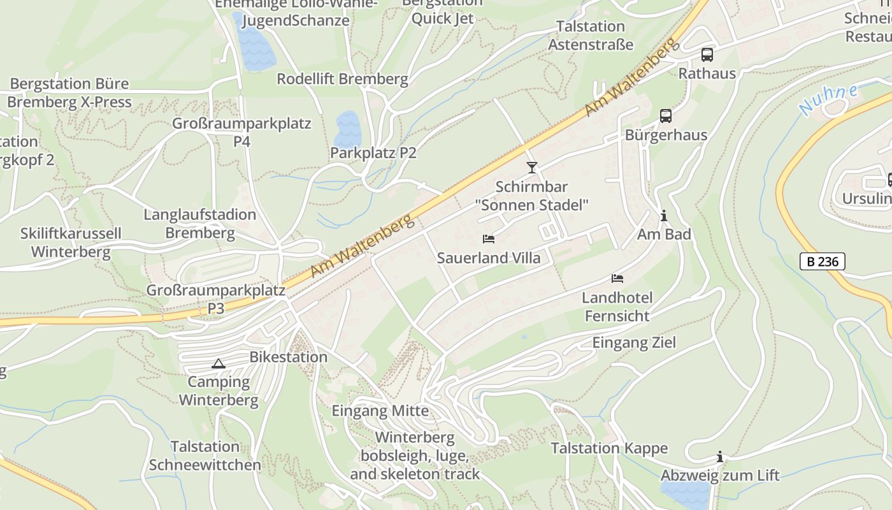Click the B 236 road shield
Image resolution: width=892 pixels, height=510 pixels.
(x=822, y=261)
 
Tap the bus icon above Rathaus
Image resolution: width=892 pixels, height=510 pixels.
(x=707, y=55)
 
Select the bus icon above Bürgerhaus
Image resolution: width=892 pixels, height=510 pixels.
(x=666, y=116)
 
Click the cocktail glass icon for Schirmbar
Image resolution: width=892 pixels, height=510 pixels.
(x=532, y=168)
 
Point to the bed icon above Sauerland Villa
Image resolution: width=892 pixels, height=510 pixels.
(x=489, y=239)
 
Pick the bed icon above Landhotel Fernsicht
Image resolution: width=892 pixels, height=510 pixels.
(x=617, y=279)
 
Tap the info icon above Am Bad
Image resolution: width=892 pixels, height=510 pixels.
(x=664, y=216)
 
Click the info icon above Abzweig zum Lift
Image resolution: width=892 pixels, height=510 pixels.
(x=720, y=456)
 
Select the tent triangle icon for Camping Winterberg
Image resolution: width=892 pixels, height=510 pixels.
(x=219, y=364)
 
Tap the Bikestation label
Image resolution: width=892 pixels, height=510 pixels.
(x=289, y=357)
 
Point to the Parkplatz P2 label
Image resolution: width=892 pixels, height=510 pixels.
(x=373, y=153)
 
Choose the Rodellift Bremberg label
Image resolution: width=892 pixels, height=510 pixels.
(x=342, y=79)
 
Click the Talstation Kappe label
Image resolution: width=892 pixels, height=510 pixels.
(x=609, y=448)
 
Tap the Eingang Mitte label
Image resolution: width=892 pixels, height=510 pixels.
(x=380, y=411)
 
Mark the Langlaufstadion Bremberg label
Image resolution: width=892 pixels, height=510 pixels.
(x=200, y=224)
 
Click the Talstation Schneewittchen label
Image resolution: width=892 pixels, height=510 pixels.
(x=205, y=456)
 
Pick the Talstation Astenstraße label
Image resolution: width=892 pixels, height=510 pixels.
(x=591, y=36)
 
